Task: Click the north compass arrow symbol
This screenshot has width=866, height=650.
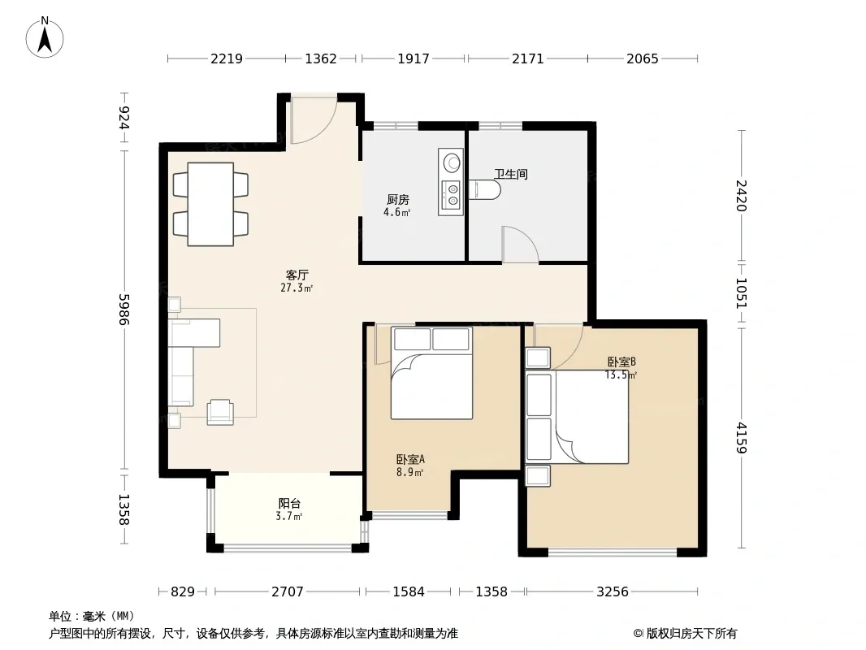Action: click(45, 37)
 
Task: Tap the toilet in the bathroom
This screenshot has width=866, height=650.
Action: click(485, 189)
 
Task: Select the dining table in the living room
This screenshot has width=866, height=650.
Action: click(210, 204)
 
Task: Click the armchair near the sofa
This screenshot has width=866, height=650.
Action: click(220, 412)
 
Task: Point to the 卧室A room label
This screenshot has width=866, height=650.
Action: click(410, 459)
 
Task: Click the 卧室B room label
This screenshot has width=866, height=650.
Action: click(622, 362)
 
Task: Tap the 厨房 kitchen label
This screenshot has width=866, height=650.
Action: click(397, 199)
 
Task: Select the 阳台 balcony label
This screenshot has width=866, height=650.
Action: click(289, 503)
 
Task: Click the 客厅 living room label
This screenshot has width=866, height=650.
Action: click(297, 275)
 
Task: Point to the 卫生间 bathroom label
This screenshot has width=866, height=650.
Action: click(511, 174)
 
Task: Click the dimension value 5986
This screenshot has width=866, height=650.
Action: click(123, 310)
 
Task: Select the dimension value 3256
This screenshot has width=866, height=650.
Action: click(613, 591)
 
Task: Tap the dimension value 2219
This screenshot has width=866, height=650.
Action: click(227, 58)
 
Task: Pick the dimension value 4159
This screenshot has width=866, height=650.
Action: click(741, 437)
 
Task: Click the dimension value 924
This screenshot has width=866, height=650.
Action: click(123, 118)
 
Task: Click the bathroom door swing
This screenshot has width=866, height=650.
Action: click(520, 244)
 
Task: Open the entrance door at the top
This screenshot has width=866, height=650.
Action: click(314, 119)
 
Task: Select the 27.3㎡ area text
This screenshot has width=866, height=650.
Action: click(297, 288)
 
